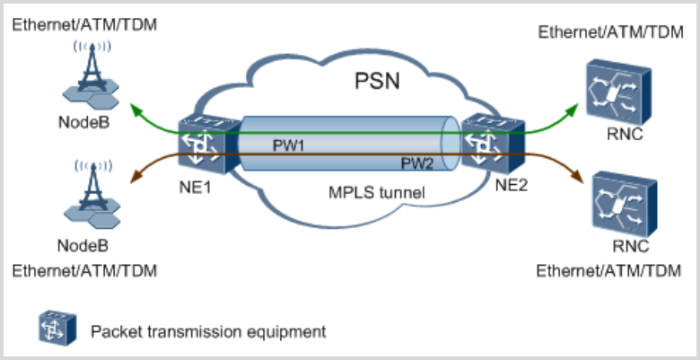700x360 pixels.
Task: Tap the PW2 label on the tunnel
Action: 416,163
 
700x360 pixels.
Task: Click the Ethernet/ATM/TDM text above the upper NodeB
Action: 85,23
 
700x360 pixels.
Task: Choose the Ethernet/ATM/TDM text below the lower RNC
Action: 608,270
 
